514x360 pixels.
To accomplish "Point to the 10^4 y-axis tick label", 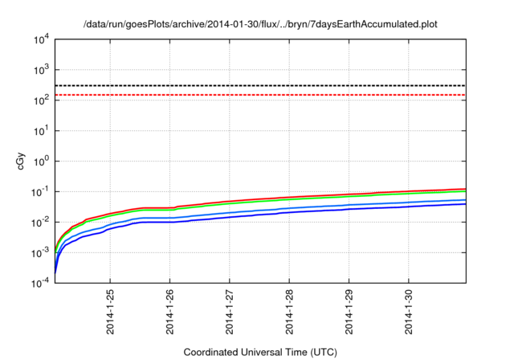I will click(x=40, y=39).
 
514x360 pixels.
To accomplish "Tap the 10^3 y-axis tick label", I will click(x=40, y=69).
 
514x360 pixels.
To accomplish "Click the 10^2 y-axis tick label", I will click(x=40, y=100).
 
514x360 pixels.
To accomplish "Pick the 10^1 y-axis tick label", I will click(x=40, y=130).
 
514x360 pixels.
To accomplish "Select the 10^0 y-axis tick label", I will click(x=40, y=161).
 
